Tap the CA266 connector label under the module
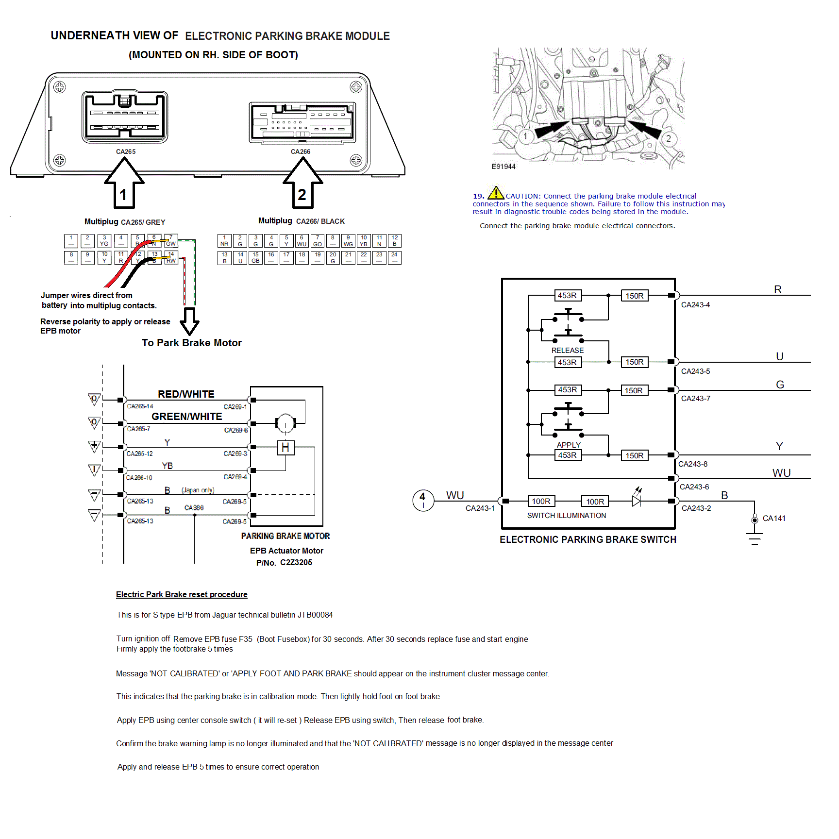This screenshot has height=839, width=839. pyautogui.click(x=301, y=151)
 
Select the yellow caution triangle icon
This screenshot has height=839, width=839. pyautogui.click(x=496, y=193)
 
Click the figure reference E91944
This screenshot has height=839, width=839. pyautogui.click(x=503, y=167)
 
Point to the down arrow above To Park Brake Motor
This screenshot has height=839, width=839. pyautogui.click(x=189, y=320)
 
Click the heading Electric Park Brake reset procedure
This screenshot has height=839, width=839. pyautogui.click(x=182, y=594)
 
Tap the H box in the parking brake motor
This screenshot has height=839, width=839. pyautogui.click(x=285, y=447)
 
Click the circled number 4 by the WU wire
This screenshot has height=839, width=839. pyautogui.click(x=423, y=500)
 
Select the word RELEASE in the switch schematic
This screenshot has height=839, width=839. pyautogui.click(x=567, y=350)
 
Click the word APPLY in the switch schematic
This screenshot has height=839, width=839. pyautogui.click(x=569, y=445)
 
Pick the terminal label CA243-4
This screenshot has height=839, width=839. pyautogui.click(x=695, y=305)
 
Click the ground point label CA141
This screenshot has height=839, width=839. pyautogui.click(x=774, y=518)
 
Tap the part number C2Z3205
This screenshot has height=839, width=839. pyautogui.click(x=296, y=562)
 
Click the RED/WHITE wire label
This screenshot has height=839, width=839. pyautogui.click(x=186, y=394)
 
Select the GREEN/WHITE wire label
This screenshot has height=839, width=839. pyautogui.click(x=187, y=416)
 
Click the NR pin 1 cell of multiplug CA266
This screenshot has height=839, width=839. pyautogui.click(x=224, y=241)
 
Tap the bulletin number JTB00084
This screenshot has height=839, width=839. pyautogui.click(x=315, y=615)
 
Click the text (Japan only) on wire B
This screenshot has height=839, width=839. pyautogui.click(x=198, y=490)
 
